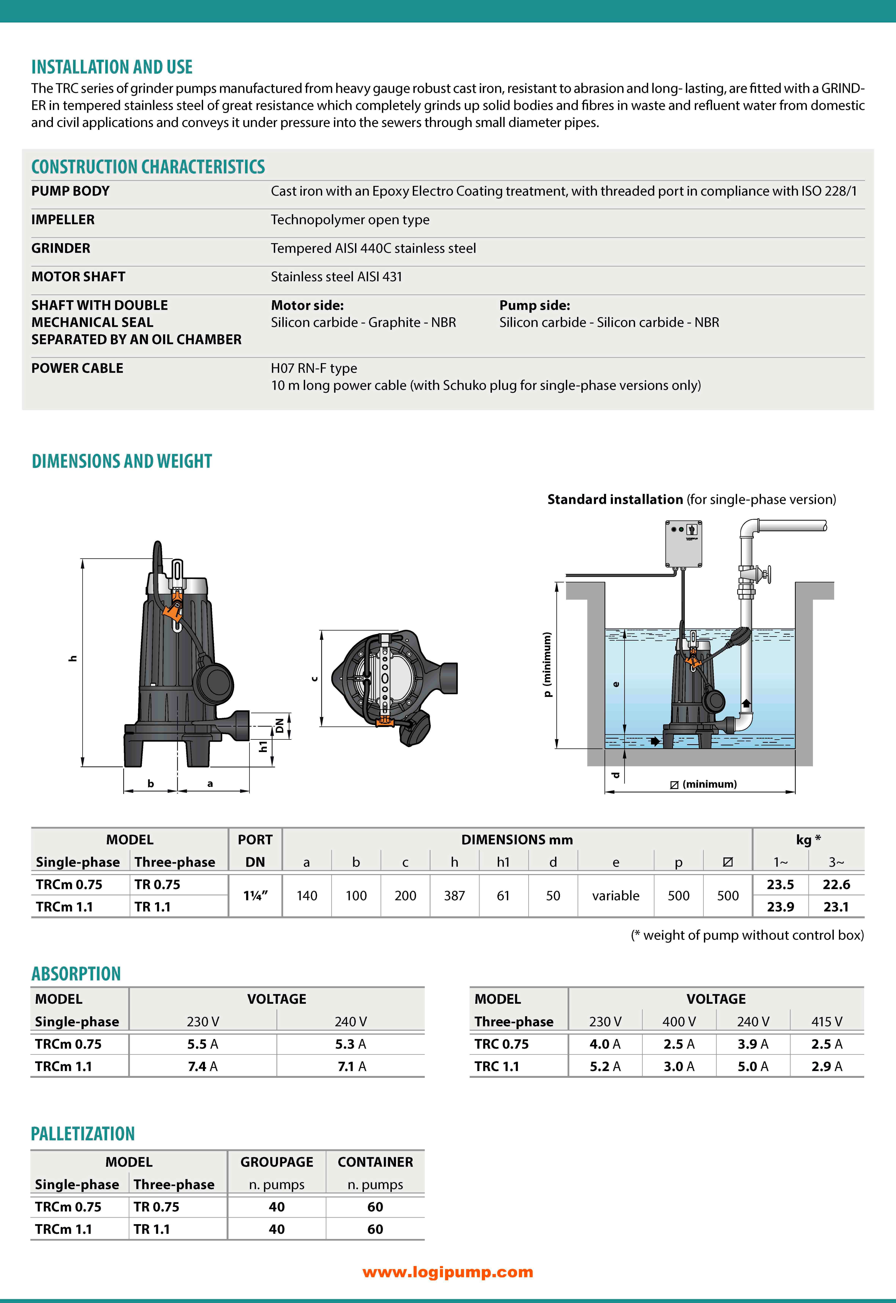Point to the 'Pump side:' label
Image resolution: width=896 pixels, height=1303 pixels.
(534, 305)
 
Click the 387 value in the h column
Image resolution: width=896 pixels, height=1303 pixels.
(454, 896)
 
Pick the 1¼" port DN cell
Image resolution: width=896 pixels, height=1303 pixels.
(255, 896)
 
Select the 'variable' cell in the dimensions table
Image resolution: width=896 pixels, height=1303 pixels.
(615, 896)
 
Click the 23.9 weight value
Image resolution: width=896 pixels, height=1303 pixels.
(780, 907)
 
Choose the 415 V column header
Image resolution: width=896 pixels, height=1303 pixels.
(826, 1021)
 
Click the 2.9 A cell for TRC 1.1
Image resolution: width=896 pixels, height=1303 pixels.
(826, 1066)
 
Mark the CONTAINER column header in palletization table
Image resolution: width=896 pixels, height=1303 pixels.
(375, 1162)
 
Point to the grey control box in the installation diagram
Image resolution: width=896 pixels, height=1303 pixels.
(683, 543)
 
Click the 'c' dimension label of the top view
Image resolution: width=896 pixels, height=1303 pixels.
(314, 679)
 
